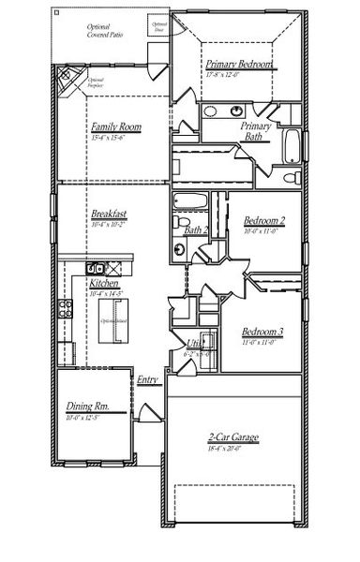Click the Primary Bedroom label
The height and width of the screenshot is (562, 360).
[x=241, y=65]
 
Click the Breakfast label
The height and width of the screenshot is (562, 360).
[x=110, y=214]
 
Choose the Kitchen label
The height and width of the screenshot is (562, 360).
[x=104, y=282]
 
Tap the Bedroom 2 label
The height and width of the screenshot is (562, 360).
[x=263, y=221]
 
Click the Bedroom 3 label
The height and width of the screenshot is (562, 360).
[x=262, y=332]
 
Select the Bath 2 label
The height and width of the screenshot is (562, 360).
[x=196, y=230]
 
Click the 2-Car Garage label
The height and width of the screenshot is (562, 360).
[x=233, y=437]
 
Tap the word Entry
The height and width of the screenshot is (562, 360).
[x=147, y=379]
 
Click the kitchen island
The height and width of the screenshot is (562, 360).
[x=112, y=323]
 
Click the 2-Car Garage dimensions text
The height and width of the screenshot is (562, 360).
[x=233, y=449]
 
